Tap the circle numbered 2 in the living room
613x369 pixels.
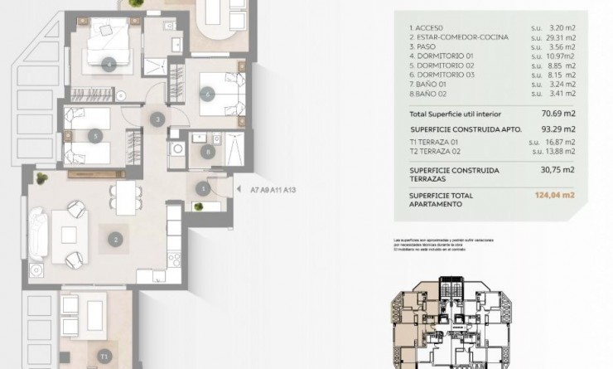point(115,240)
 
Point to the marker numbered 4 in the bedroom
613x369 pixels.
point(109,63)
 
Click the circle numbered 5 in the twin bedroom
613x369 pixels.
point(97,135)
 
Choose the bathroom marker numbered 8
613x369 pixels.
point(206,151)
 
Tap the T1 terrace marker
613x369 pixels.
point(104,357)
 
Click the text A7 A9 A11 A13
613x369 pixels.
point(273,190)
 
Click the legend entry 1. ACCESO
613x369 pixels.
point(429,27)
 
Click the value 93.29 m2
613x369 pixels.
point(558,129)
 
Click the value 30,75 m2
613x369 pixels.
point(558,170)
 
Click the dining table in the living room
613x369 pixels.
point(125,197)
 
